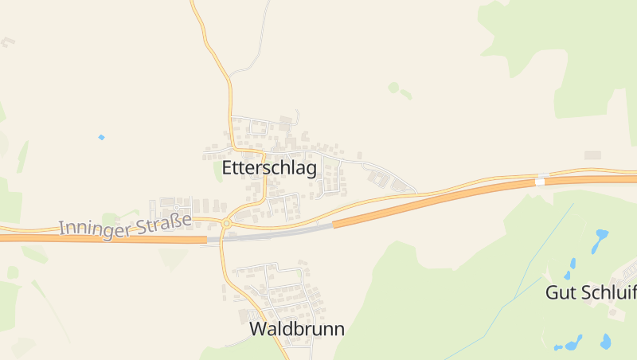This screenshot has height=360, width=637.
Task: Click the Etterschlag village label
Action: click(x=269, y=168)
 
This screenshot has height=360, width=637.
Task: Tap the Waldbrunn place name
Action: click(x=297, y=328)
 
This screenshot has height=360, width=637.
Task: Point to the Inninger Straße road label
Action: click(x=125, y=223)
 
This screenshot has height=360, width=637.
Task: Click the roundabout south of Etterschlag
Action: click(x=226, y=224)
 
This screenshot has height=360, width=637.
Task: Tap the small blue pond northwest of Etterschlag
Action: click(x=101, y=137)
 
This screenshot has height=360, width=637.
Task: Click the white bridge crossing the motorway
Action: click(x=541, y=179)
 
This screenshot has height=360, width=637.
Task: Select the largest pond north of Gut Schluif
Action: click(x=601, y=237)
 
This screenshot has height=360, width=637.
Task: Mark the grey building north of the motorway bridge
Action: click(x=593, y=155)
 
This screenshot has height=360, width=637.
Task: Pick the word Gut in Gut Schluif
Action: click(x=559, y=292)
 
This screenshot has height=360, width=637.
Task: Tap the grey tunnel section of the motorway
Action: click(x=271, y=233)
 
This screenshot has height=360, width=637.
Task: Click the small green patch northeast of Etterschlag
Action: click(x=393, y=87)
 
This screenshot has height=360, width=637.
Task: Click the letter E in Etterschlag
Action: click(x=228, y=168)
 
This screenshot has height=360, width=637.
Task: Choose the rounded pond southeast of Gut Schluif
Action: click(x=606, y=342)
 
